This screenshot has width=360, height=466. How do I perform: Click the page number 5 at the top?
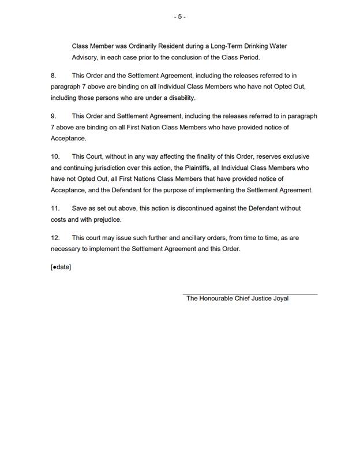[x=179, y=17]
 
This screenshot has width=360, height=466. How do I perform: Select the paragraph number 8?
[x=54, y=76]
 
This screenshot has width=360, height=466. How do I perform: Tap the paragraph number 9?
[x=54, y=116]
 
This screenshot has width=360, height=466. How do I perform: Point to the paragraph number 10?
[x=55, y=156]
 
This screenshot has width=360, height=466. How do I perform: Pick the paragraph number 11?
[x=55, y=208]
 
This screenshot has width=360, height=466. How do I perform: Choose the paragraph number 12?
[x=55, y=237]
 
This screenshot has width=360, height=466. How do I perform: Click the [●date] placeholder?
[x=61, y=267]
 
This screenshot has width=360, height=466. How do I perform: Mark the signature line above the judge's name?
[x=250, y=294]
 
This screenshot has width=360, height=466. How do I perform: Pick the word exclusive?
[x=297, y=156]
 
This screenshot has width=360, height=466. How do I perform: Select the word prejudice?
[x=107, y=219]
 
